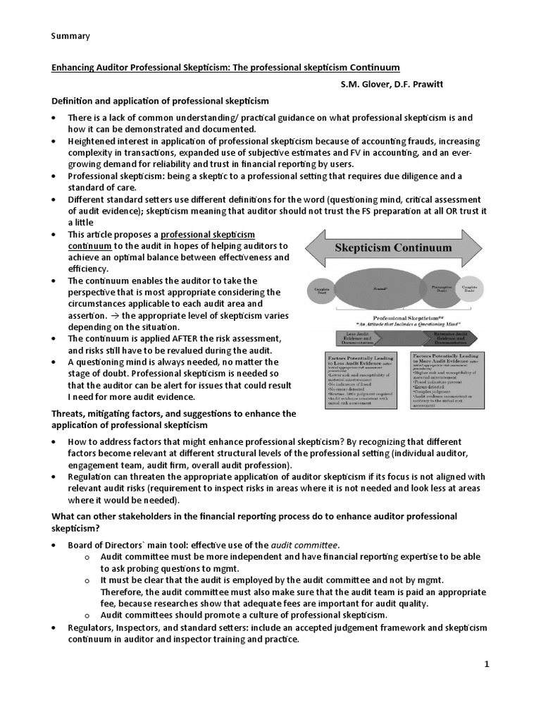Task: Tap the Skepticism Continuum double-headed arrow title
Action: [x=393, y=250]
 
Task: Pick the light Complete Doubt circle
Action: [x=468, y=289]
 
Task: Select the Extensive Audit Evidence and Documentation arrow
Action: [x=440, y=337]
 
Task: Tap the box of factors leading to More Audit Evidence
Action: [x=441, y=380]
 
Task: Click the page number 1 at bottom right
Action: [x=487, y=664]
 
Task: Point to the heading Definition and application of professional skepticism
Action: [x=161, y=102]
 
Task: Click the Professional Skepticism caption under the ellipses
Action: [x=392, y=318]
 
